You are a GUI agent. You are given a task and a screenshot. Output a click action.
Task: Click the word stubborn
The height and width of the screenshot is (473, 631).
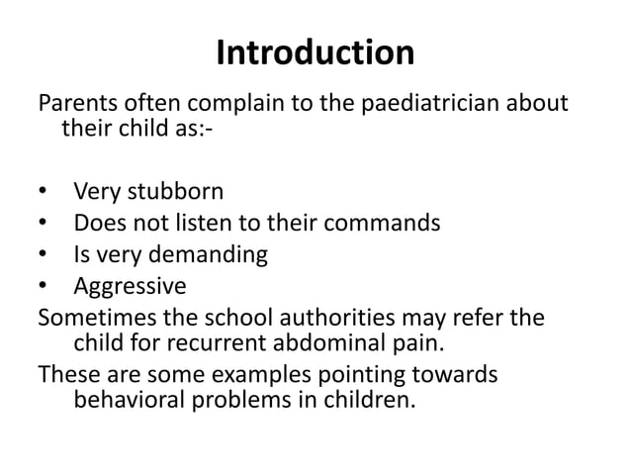point(175,191)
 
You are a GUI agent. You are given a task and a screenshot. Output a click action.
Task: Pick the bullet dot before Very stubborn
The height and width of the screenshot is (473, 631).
point(42,192)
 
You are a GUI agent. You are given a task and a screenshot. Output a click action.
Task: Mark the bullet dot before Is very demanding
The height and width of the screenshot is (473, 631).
point(42,255)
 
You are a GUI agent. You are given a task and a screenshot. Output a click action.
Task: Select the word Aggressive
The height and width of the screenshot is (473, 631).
point(130,287)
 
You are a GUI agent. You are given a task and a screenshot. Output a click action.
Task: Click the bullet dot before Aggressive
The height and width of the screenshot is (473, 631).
point(42,287)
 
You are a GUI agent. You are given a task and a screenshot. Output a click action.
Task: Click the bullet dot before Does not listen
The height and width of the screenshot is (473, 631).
point(42,224)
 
